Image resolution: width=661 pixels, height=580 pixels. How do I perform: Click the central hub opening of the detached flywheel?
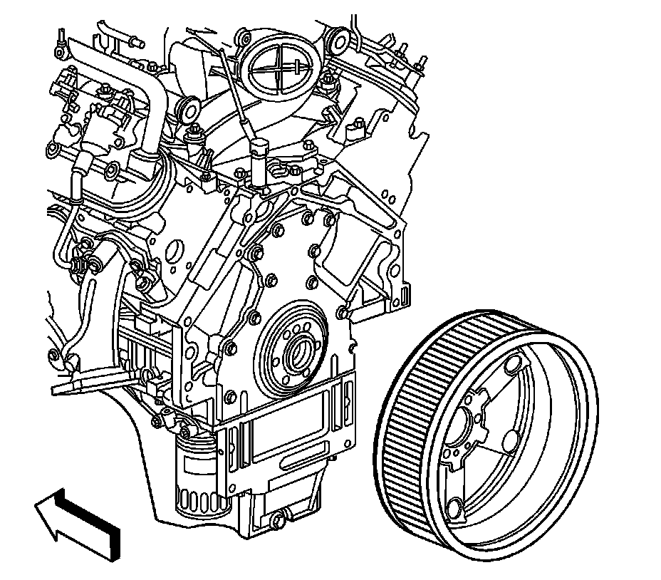click(x=467, y=430)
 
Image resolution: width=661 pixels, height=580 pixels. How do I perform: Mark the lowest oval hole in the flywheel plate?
click(x=457, y=509)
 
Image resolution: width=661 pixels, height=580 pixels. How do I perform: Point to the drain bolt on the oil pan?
click(x=278, y=521)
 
